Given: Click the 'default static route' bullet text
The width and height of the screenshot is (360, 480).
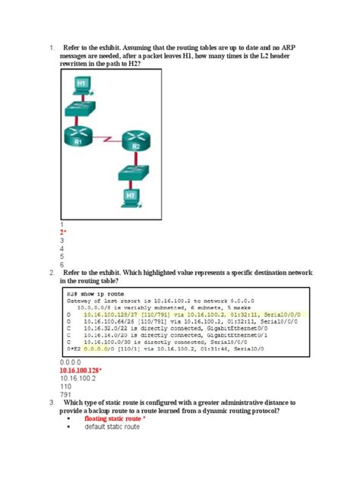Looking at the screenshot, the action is (x=112, y=427).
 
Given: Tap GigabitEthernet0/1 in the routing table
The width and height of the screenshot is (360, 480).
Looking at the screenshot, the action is (x=232, y=336).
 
